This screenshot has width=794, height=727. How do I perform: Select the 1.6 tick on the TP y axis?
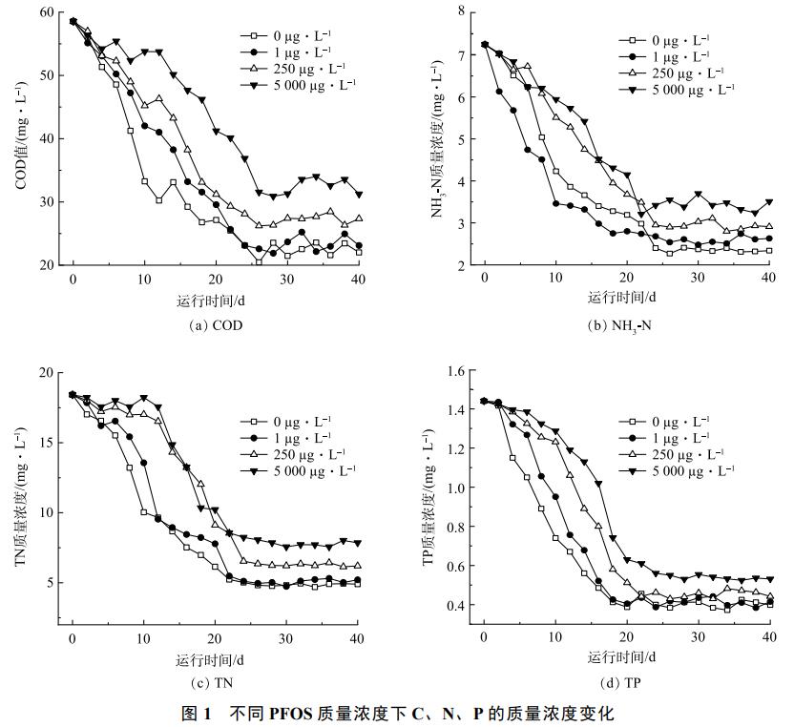click(453, 370)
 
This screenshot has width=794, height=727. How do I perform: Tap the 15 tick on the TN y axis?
click(46, 442)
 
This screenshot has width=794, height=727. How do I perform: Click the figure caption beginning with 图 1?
click(397, 713)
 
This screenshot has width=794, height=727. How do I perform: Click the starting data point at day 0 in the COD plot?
click(73, 21)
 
